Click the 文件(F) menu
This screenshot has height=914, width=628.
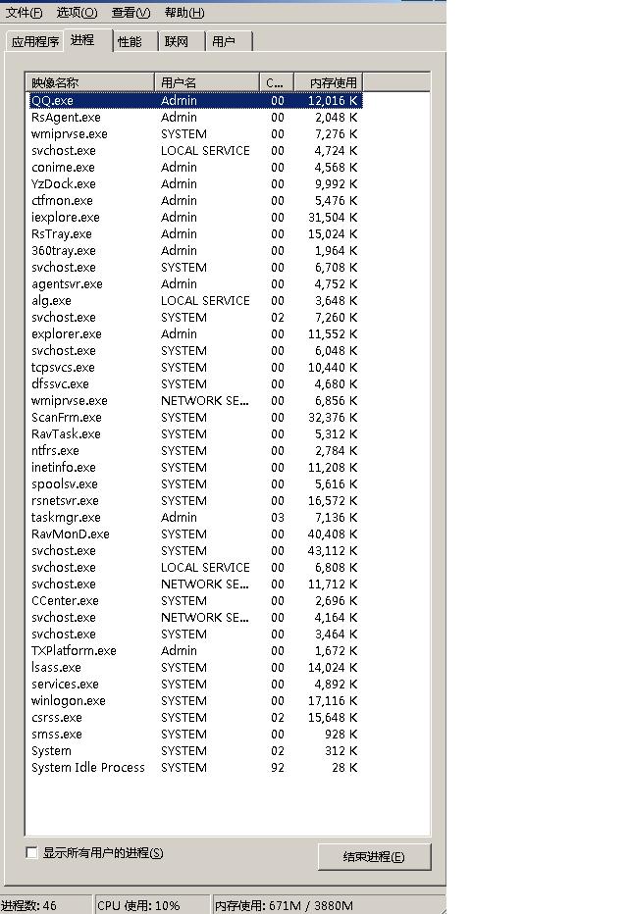(24, 13)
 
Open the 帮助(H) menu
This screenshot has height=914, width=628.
(184, 13)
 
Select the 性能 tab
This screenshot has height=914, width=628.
(130, 41)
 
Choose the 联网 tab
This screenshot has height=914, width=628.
(177, 41)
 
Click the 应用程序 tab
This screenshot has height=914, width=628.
(35, 41)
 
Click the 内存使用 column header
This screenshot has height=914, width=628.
(334, 83)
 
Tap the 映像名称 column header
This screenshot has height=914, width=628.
(55, 83)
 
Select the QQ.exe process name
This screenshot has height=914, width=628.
(52, 101)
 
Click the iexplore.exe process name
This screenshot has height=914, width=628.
(65, 218)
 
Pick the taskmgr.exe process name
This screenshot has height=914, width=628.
(66, 518)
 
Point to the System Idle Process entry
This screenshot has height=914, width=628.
(87, 768)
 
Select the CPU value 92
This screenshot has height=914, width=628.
(278, 768)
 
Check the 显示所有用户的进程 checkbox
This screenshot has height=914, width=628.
(32, 853)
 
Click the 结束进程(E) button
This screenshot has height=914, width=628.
(374, 856)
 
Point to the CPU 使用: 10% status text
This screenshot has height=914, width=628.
(138, 905)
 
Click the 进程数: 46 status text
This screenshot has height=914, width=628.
(29, 905)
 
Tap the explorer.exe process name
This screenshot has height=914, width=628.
(66, 334)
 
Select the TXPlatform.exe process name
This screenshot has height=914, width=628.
(74, 651)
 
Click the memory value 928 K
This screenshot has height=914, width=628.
(342, 735)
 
